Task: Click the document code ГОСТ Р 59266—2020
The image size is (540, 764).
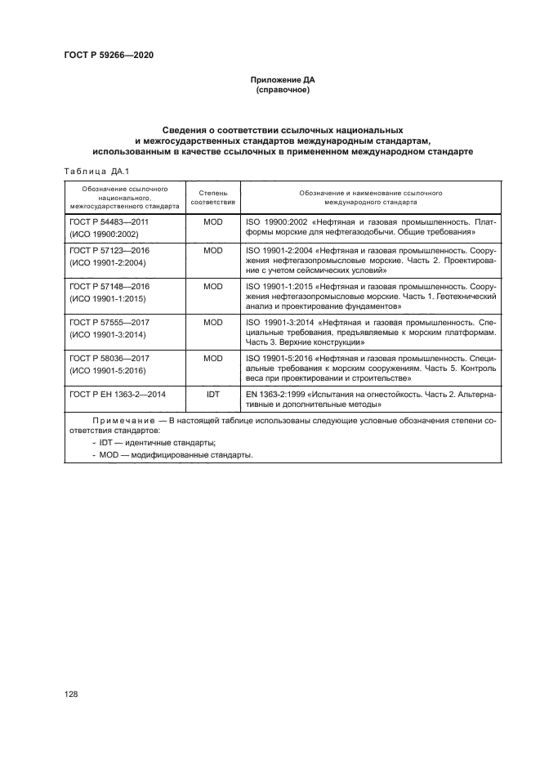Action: click(109, 56)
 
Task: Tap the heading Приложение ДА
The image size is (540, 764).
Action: click(280, 81)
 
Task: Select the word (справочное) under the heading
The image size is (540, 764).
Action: click(280, 91)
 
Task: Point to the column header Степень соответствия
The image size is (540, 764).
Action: click(212, 196)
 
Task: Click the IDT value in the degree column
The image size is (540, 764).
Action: click(212, 394)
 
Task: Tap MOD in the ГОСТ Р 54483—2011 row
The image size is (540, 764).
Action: click(212, 221)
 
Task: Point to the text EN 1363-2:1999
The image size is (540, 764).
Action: click(274, 394)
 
